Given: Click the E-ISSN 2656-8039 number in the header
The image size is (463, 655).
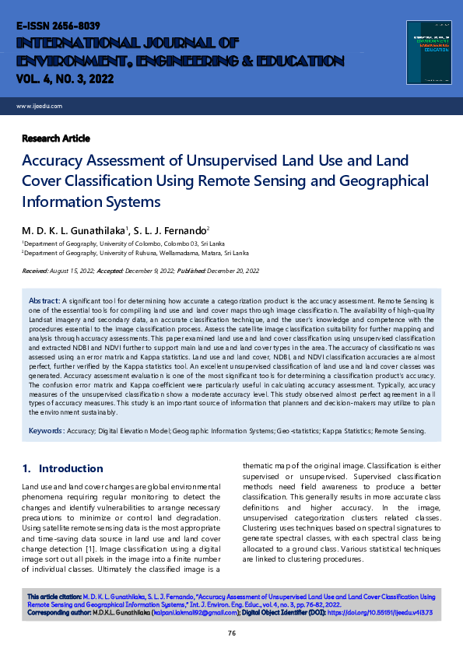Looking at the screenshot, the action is click(53, 26).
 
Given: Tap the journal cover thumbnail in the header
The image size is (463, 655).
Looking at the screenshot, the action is click(428, 52).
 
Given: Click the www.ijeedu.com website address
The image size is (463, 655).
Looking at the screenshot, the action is click(39, 106).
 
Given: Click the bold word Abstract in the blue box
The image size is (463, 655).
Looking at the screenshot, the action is click(44, 299).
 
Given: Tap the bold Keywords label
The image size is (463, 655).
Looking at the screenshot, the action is click(47, 430).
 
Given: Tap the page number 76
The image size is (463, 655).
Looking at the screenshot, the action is click(231, 633).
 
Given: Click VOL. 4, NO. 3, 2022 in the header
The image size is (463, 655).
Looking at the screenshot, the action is click(61, 78).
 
